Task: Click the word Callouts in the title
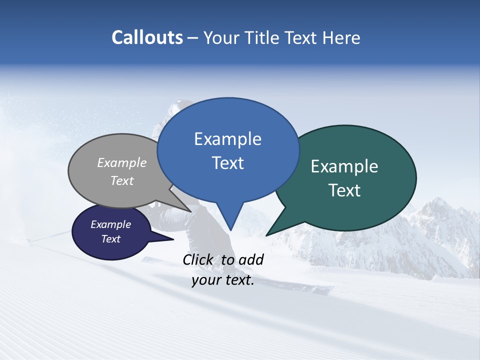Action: [x=147, y=37]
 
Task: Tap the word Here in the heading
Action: [x=341, y=37]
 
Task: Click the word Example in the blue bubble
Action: [x=227, y=139]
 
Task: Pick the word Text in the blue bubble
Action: [x=227, y=163]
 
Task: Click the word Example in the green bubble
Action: [x=344, y=166]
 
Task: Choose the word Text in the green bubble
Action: [x=344, y=190]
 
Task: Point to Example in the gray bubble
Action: [x=122, y=162]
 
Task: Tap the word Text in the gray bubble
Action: [x=122, y=180]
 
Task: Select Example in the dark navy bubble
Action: [x=110, y=224]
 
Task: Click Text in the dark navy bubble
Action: [x=110, y=239]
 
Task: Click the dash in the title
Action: [x=193, y=38]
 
